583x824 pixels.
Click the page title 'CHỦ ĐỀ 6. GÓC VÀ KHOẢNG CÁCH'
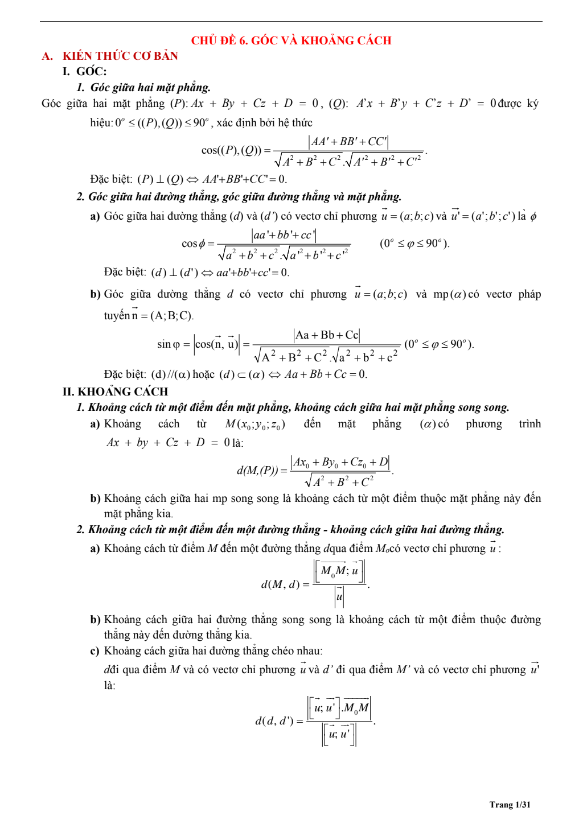click(291, 40)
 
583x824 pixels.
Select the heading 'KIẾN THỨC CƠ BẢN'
click(120, 56)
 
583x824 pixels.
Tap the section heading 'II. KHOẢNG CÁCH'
click(116, 392)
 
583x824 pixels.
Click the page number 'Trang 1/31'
click(510, 804)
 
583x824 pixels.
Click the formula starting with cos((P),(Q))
click(314, 151)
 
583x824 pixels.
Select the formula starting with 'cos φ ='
click(266, 244)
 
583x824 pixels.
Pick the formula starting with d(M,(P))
click(315, 471)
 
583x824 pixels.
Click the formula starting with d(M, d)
click(315, 584)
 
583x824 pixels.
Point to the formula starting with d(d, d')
click(315, 721)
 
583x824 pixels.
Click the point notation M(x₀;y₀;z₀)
click(255, 424)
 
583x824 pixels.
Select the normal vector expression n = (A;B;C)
click(163, 315)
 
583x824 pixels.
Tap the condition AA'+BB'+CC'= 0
click(245, 179)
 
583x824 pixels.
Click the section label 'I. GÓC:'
click(85, 71)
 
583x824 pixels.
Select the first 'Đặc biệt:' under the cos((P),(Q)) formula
click(111, 179)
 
